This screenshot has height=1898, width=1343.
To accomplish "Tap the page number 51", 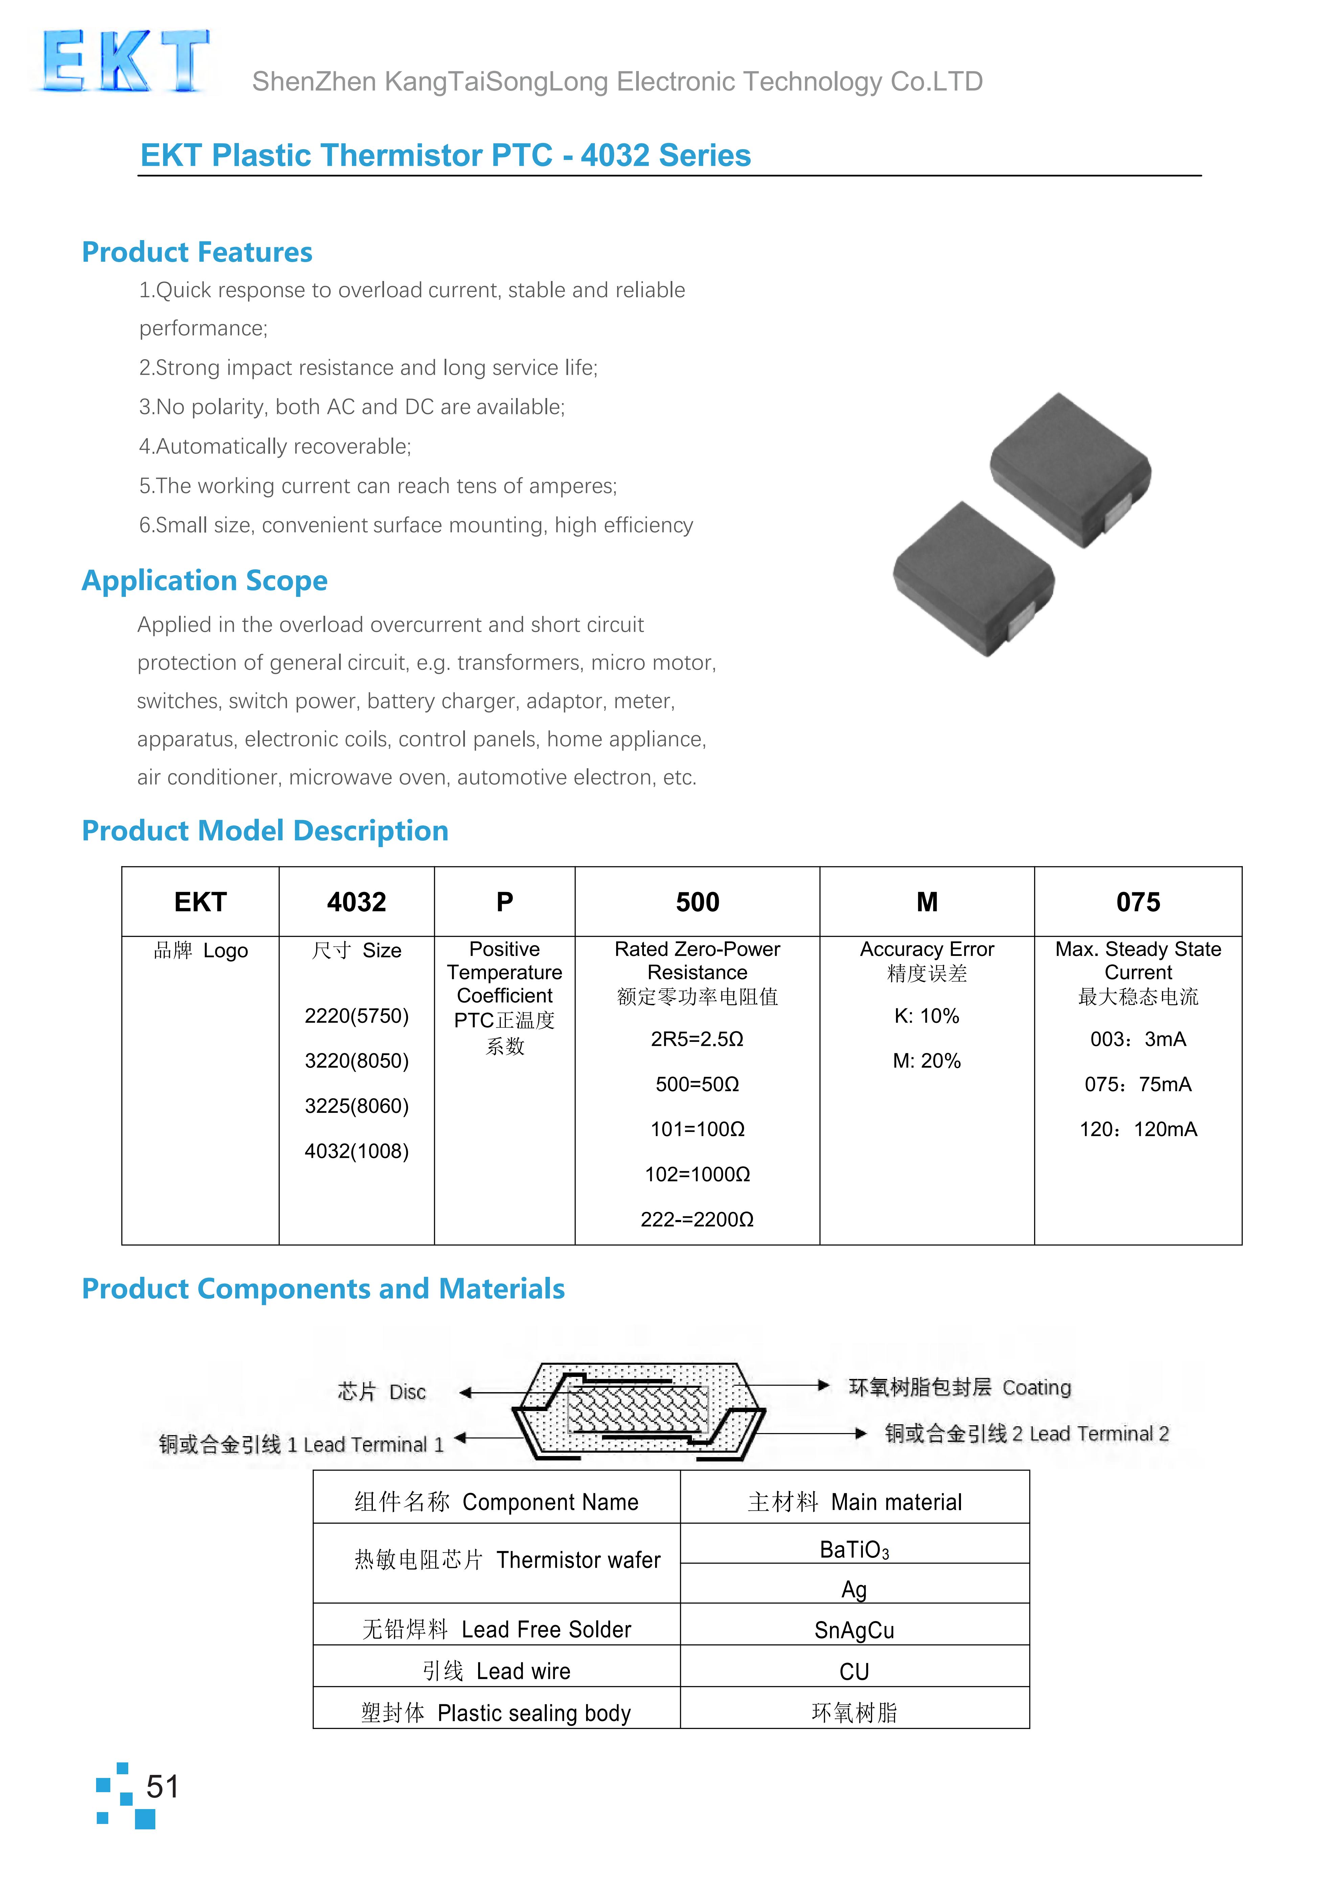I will point(162,1786).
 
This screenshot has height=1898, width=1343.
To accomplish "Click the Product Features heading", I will point(197,252).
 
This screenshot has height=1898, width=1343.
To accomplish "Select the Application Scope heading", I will point(204,580).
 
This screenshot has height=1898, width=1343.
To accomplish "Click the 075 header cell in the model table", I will point(1138,902).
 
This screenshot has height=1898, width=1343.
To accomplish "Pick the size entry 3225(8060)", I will point(356,1106).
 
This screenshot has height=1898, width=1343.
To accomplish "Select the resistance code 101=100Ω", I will point(697,1129).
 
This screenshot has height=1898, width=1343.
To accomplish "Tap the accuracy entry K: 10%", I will point(926,1016).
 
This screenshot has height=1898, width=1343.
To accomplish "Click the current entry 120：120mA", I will point(1138,1129).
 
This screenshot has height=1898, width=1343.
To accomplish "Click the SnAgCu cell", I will point(854,1630).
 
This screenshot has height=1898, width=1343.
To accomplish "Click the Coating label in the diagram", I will point(959,1387).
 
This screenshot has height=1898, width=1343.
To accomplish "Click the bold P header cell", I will point(505,902).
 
